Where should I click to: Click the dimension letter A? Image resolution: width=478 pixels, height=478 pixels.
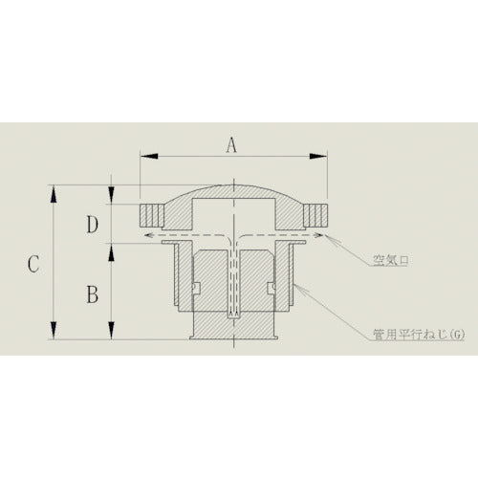tap(229, 146)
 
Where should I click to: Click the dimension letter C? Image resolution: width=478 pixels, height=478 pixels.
tap(33, 264)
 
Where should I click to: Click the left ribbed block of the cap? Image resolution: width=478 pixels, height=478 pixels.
tap(152, 212)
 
